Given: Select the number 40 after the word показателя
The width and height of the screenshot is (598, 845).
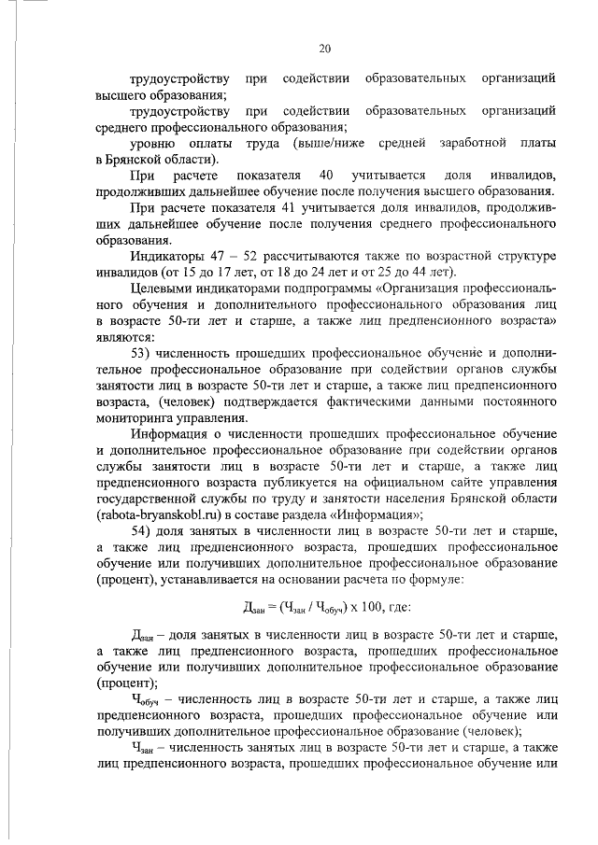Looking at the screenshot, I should click(326, 176).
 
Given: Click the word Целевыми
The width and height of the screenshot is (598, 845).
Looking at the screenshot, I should click(161, 288).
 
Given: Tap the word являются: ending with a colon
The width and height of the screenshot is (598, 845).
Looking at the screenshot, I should click(126, 335).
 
